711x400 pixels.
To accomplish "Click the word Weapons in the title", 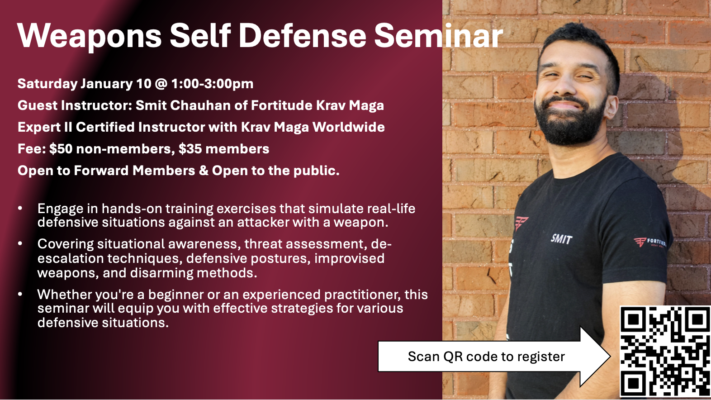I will point(89,36).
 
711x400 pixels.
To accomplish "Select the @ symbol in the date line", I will point(161,84).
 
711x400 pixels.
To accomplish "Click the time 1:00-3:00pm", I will point(212,84).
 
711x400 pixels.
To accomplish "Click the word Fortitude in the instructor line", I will point(281,105).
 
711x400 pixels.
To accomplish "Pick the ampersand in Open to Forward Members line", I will point(204,171).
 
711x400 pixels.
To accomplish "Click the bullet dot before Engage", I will point(20,209).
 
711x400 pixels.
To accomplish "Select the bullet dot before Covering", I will point(20,244).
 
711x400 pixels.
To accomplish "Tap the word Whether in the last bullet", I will point(63,295).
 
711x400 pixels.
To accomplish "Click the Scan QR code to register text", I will point(486,357).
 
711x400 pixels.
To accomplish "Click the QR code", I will point(665,352).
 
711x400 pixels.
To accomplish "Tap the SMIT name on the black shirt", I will point(561,238).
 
